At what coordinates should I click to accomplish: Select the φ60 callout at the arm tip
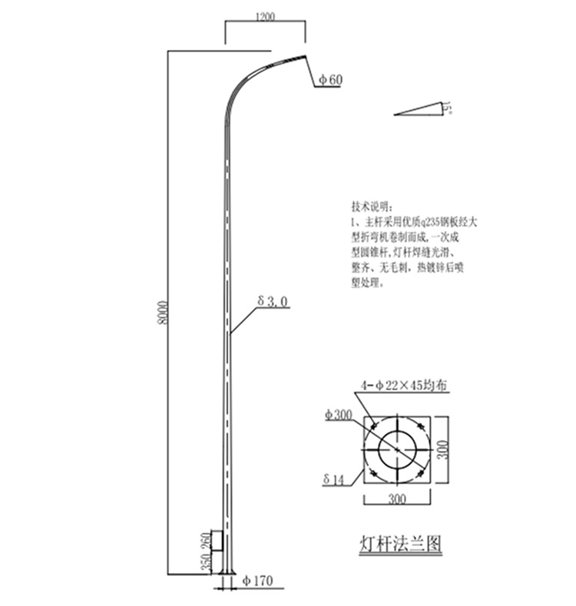click(x=329, y=79)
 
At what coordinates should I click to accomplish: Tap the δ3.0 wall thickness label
click(x=273, y=303)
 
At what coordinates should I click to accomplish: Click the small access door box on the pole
click(x=217, y=541)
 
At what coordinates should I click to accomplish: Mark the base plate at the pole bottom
click(x=227, y=571)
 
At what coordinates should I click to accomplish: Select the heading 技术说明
click(x=370, y=207)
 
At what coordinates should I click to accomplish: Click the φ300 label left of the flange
click(x=338, y=415)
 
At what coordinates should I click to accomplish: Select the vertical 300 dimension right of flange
click(x=442, y=448)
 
